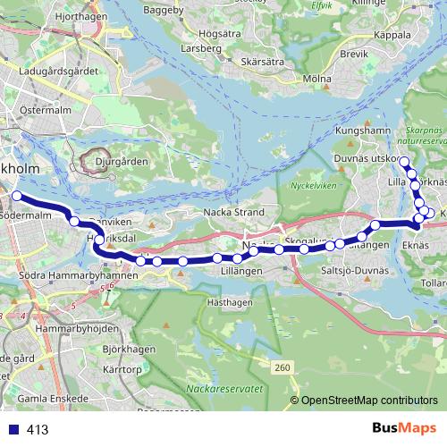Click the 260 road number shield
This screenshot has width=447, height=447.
click(x=283, y=367)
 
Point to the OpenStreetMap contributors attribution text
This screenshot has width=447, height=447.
click(x=368, y=401)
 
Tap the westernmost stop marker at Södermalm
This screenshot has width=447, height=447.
click(x=16, y=196)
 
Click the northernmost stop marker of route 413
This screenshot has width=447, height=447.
click(x=404, y=162)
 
